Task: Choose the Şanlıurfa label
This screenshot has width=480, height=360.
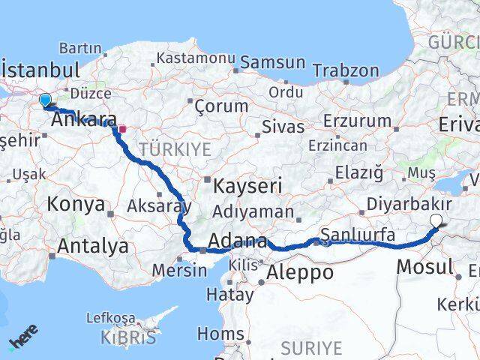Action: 358,235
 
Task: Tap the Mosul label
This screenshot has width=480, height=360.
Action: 424,265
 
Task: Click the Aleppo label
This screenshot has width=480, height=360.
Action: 300,271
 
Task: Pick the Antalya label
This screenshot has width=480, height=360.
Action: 93,245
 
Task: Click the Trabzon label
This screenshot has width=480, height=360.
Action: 345,70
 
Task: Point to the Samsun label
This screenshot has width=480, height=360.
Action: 273,63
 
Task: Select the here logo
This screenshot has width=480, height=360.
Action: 23,336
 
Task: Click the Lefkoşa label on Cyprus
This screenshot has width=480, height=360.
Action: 112,317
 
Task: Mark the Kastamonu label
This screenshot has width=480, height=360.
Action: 197,58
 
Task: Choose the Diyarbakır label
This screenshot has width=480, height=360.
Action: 409,203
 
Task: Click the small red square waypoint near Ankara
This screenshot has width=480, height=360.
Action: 122,128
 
